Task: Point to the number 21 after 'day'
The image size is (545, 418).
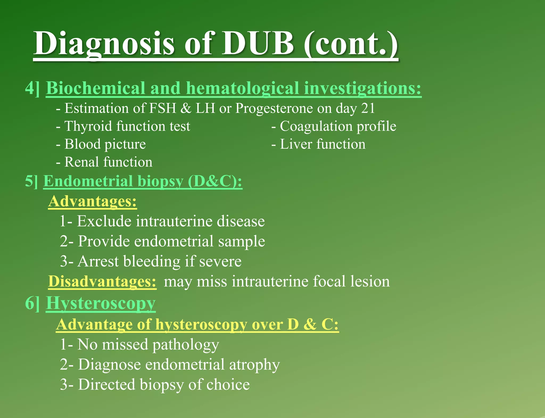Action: tap(368, 108)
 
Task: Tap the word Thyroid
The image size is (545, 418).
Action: tap(88, 126)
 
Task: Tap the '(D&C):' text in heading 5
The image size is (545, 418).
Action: tap(215, 181)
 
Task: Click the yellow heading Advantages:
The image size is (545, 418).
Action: tap(92, 201)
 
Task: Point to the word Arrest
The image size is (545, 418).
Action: tap(98, 261)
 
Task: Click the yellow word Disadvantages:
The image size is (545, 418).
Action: tap(102, 282)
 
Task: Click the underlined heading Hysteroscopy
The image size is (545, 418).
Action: tap(101, 303)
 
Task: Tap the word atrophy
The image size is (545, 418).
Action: tap(254, 365)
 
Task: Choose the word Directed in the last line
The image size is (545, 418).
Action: tap(107, 385)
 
